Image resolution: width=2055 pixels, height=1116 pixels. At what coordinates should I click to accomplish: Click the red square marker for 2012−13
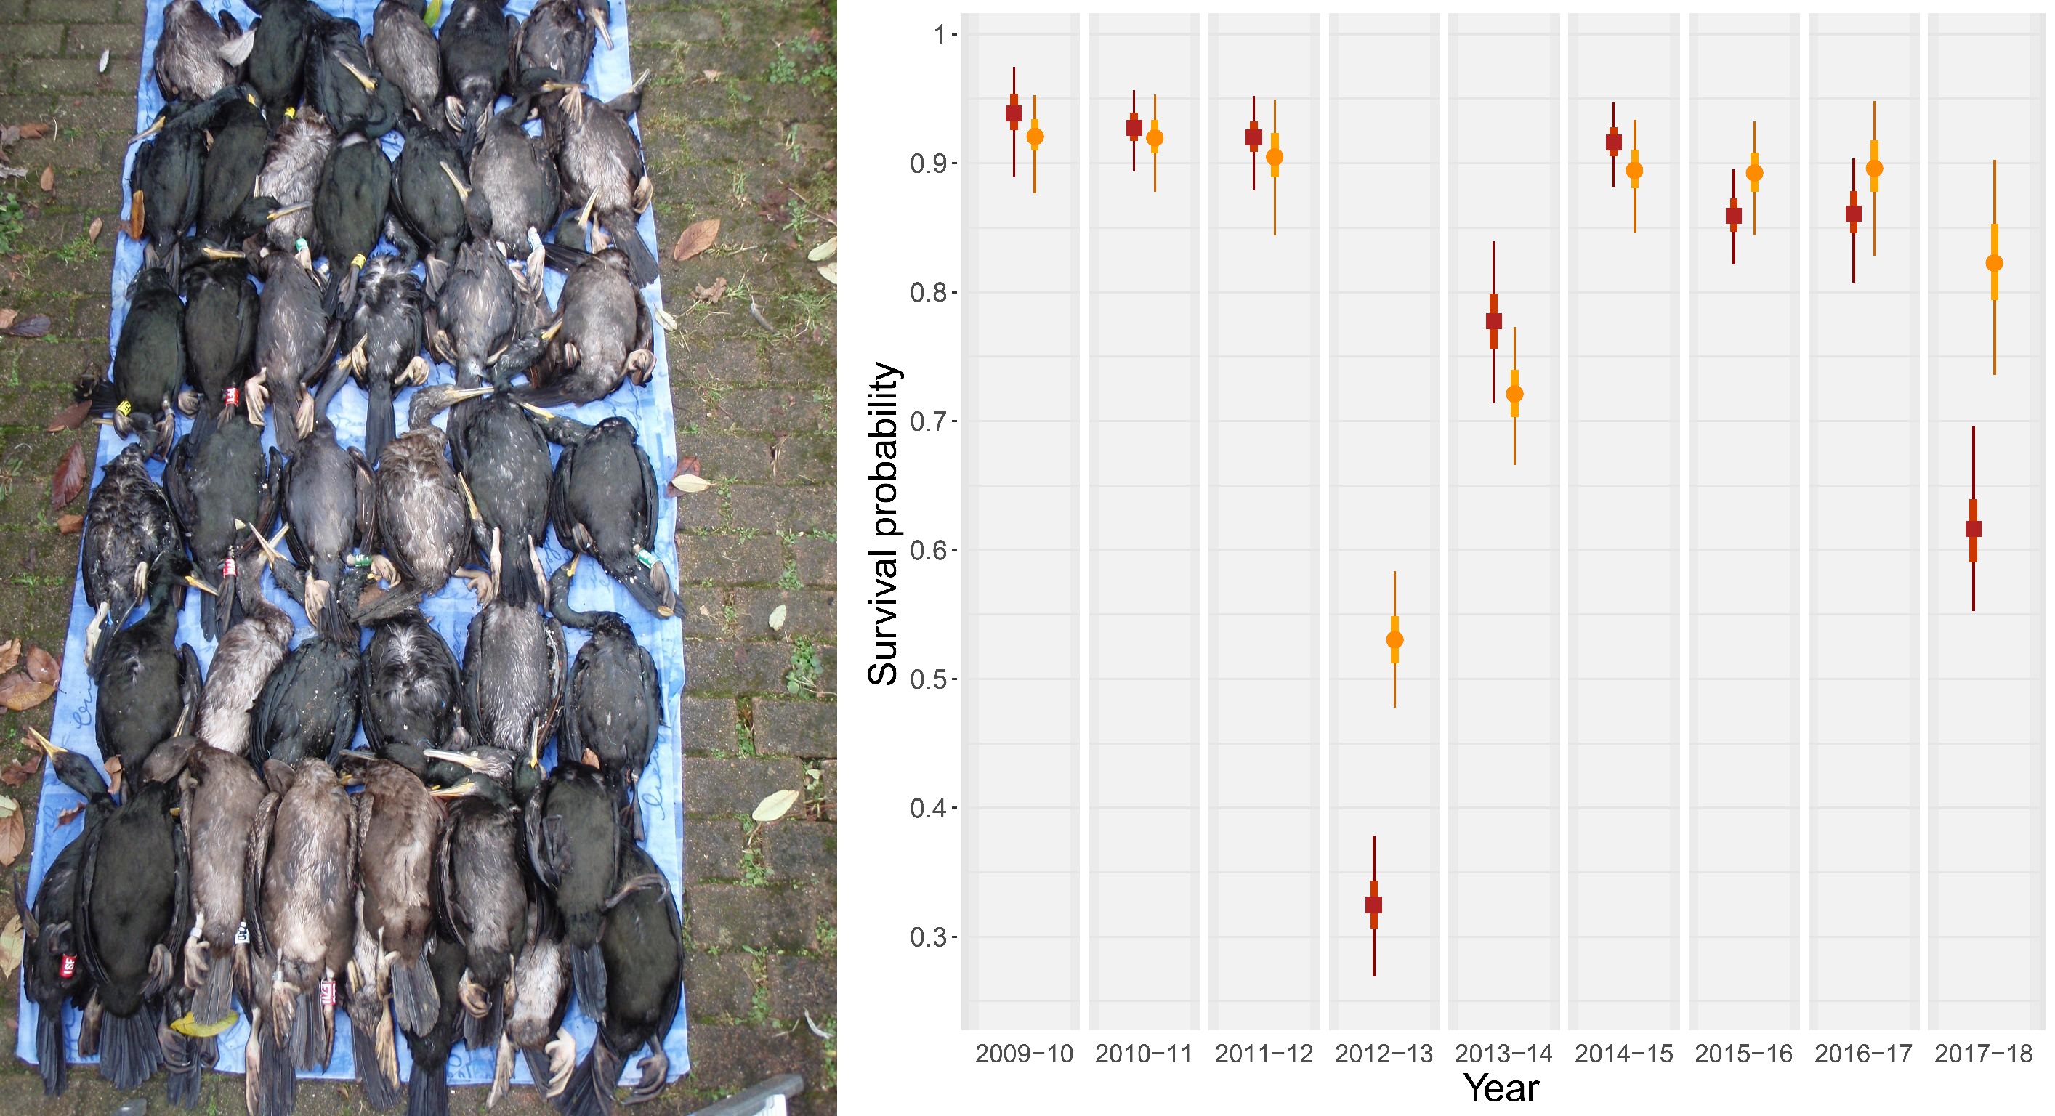1373,905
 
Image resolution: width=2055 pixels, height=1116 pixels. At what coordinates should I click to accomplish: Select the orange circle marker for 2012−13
1394,640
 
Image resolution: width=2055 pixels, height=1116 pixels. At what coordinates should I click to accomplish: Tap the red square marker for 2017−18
1974,529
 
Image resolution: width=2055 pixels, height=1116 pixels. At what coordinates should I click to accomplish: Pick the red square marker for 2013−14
1494,320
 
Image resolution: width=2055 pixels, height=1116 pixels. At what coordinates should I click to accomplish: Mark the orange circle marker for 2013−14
1514,394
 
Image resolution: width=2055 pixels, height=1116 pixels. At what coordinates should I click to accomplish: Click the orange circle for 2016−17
1875,169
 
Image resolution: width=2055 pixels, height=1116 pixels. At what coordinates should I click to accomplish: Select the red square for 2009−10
1014,113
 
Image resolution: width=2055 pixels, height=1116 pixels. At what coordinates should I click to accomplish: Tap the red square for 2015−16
1734,215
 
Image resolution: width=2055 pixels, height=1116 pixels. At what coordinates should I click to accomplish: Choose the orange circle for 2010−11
1155,138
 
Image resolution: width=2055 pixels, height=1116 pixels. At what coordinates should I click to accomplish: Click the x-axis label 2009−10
1025,1054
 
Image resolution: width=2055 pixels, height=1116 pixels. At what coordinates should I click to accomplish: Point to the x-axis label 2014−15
1623,1054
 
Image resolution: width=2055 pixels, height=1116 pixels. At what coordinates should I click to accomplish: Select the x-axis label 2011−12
1264,1054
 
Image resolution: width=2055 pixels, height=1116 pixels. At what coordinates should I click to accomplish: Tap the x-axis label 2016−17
1864,1054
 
